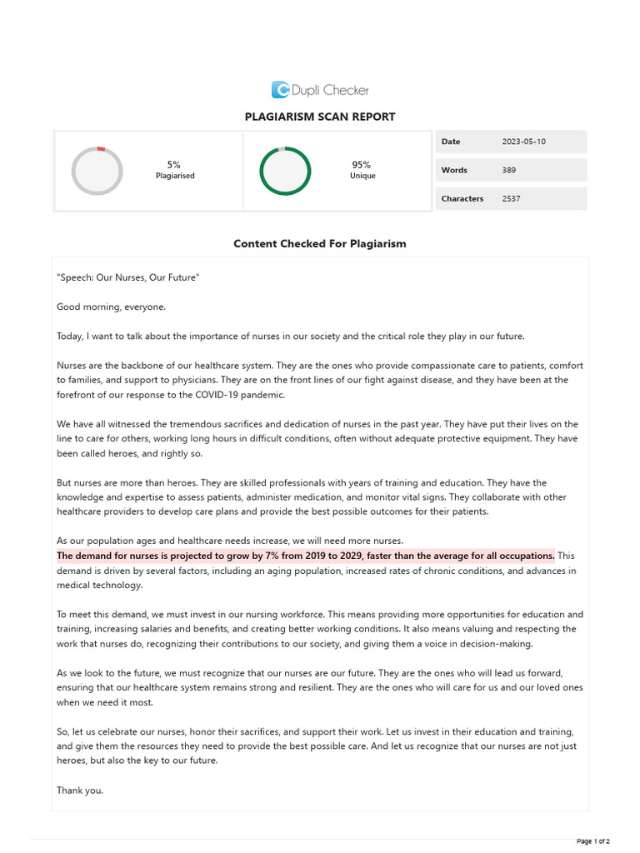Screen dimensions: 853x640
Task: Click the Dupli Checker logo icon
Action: tap(280, 90)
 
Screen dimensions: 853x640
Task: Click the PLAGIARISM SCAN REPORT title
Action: tap(320, 117)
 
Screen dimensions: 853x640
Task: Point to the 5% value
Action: tap(174, 165)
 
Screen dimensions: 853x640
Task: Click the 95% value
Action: tap(362, 165)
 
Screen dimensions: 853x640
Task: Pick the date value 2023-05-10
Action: tap(524, 142)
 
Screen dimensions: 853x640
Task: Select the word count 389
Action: tap(509, 170)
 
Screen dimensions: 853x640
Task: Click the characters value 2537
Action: tap(512, 198)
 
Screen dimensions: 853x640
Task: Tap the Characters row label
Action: tap(462, 198)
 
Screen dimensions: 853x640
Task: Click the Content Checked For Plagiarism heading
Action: tap(320, 244)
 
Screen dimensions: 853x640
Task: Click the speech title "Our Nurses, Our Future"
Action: tap(128, 277)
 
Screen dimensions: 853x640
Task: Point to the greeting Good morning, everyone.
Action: tap(111, 307)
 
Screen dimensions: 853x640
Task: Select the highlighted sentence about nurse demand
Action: tap(305, 555)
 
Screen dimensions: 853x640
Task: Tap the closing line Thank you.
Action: tap(80, 790)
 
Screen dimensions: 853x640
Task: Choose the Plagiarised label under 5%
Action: tap(175, 177)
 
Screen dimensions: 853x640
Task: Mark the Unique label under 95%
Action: tap(362, 177)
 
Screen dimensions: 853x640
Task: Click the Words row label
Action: tap(454, 170)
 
